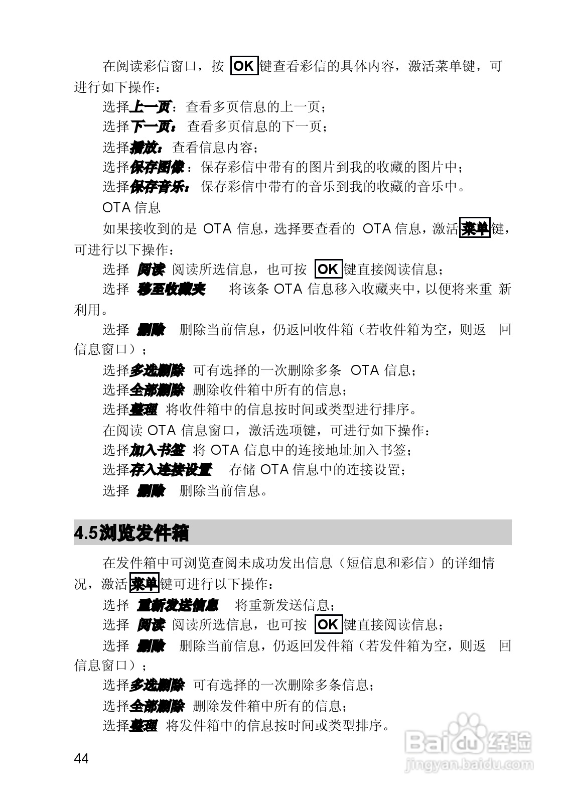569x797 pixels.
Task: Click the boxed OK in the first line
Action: pos(244,66)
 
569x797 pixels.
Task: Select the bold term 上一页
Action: pos(150,106)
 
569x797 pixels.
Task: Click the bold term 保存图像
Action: pos(157,167)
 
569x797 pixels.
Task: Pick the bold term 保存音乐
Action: pos(159,187)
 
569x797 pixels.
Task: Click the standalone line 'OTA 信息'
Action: pos(131,207)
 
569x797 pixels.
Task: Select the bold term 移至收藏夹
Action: pos(171,290)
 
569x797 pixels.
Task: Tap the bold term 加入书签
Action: pos(157,450)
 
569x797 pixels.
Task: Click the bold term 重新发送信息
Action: pos(178,605)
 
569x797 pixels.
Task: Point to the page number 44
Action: pos(81,758)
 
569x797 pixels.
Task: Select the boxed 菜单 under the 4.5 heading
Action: pos(144,584)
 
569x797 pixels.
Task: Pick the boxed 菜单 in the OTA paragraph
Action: pos(475,229)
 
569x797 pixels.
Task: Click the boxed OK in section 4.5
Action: pos(328,625)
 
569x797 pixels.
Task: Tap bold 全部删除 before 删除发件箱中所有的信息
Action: pos(157,706)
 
